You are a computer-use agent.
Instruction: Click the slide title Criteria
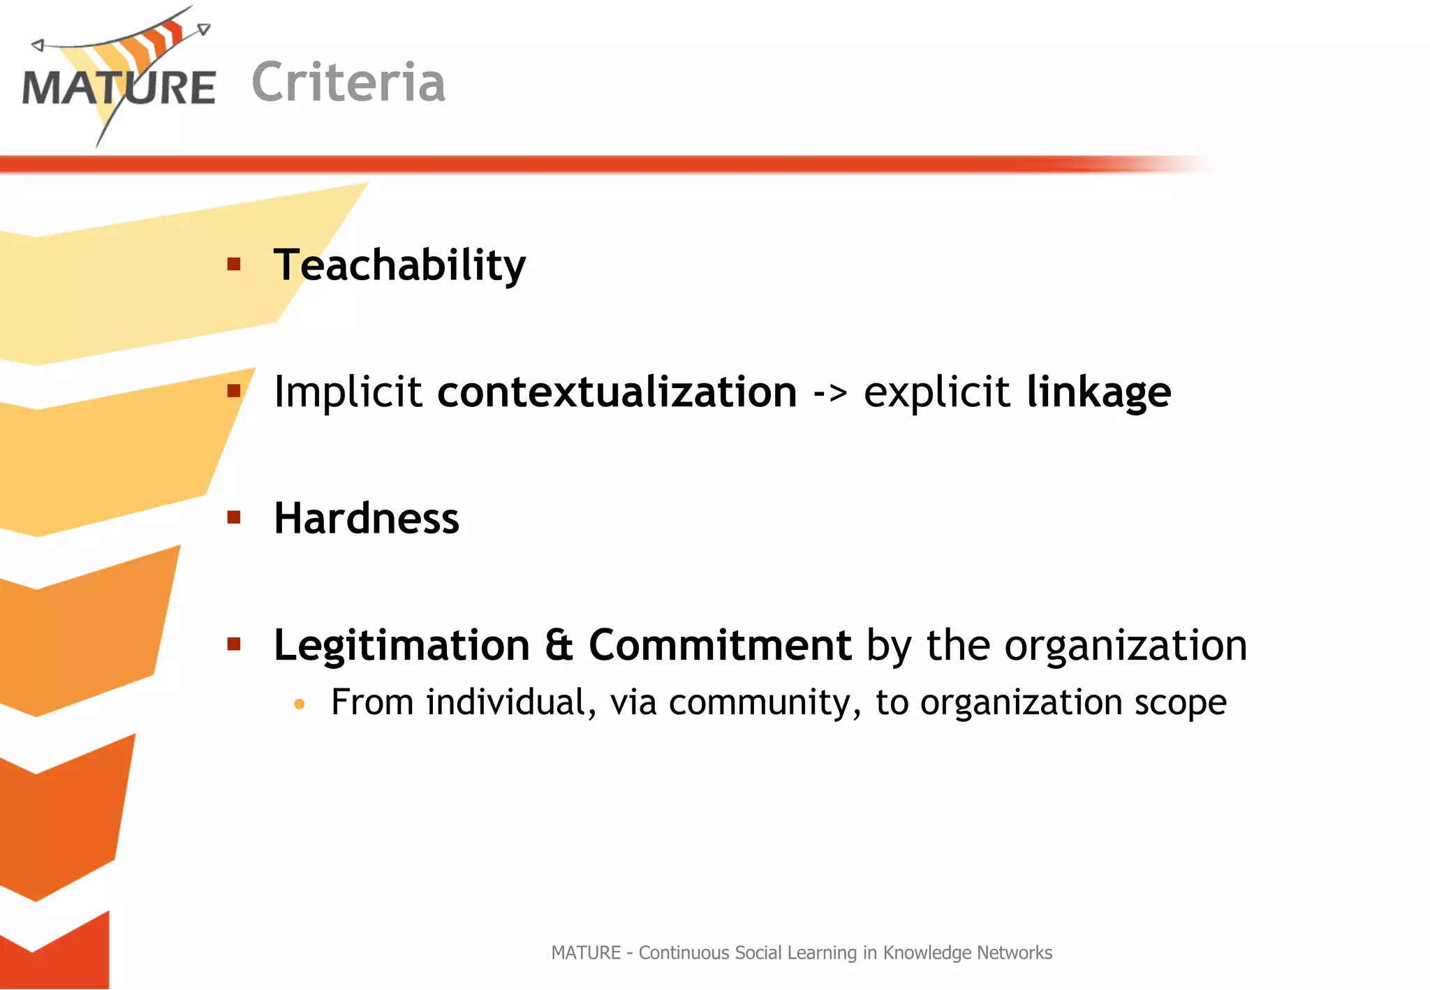348,82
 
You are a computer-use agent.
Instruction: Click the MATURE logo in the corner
119,77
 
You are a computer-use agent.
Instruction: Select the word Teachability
399,265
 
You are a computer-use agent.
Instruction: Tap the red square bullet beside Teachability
234,264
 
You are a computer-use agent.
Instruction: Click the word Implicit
347,392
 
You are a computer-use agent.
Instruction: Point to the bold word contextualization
617,392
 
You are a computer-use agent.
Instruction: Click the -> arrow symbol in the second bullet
830,393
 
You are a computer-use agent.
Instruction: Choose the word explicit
936,392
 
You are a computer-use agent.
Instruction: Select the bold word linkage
1098,393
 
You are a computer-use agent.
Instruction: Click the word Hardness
367,519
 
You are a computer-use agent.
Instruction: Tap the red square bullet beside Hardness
234,517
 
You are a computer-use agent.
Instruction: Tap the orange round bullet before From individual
300,704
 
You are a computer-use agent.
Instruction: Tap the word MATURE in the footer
586,952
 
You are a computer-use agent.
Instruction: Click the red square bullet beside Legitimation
234,644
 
